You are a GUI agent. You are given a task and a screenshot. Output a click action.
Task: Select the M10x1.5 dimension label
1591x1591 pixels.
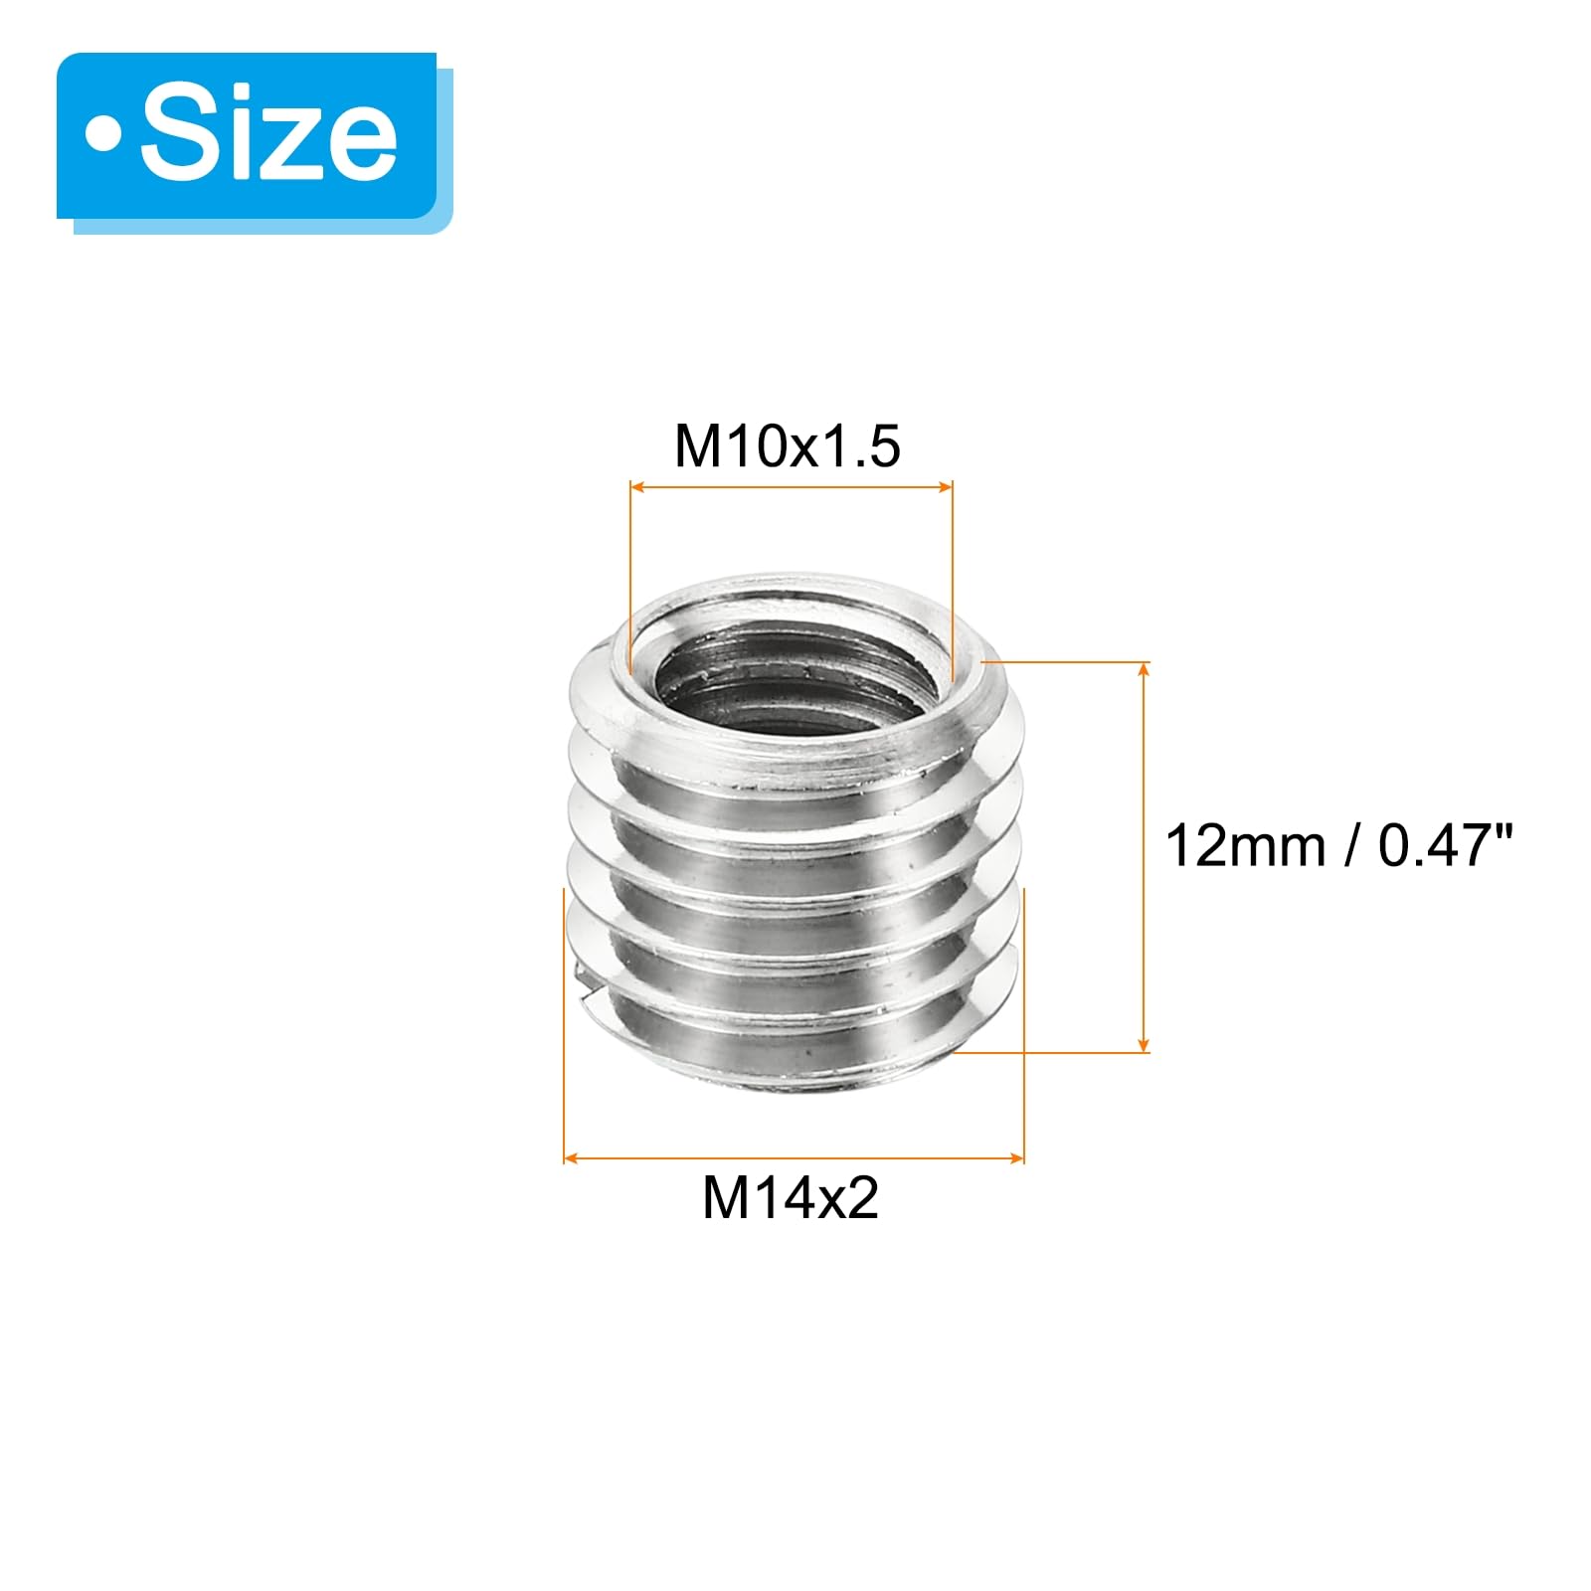tap(788, 445)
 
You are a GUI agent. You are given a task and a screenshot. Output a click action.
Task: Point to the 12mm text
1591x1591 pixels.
tap(1245, 846)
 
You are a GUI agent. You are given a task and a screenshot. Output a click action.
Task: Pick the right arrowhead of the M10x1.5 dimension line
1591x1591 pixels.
tap(945, 487)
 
